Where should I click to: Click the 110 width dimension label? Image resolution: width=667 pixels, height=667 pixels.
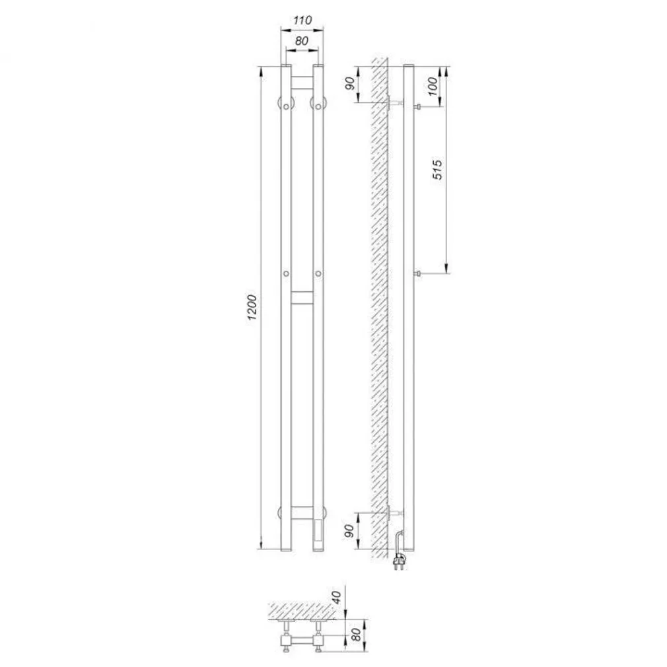302,20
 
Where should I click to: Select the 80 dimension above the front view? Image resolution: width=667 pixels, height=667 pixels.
302,41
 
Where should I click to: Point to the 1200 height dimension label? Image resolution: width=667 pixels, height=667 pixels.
252,307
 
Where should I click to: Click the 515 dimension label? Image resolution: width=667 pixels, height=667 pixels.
437,170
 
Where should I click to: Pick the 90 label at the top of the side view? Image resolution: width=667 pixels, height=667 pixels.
350,84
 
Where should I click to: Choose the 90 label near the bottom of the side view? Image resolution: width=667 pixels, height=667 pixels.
349,531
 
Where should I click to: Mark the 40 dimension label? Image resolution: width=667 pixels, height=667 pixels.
337,597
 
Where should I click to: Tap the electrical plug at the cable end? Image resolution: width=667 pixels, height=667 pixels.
399,562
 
